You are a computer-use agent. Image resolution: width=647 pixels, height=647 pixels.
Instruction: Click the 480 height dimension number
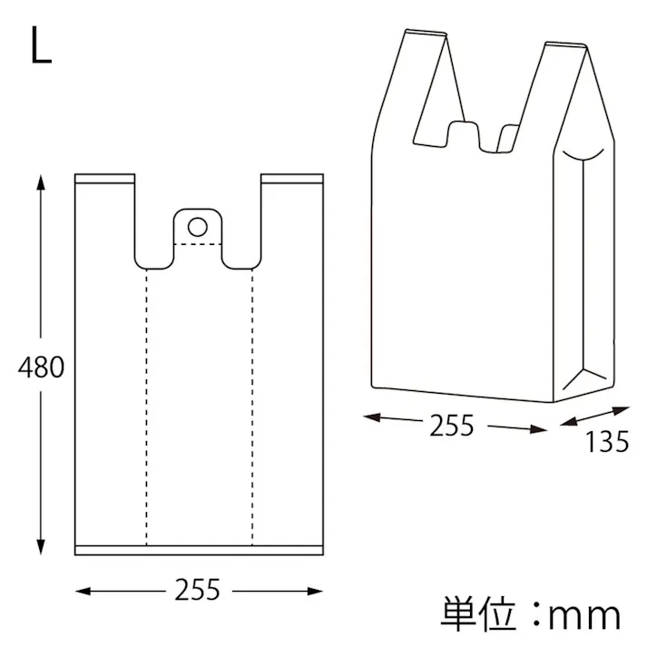click(42, 368)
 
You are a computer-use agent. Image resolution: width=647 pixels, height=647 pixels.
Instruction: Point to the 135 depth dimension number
click(606, 442)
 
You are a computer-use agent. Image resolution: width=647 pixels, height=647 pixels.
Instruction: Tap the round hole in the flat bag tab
click(197, 224)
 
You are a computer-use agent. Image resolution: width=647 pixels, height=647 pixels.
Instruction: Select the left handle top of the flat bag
click(105, 178)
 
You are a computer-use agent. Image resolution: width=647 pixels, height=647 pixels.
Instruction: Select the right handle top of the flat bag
click(290, 178)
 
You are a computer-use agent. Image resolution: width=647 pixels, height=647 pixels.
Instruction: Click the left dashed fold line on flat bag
click(145, 408)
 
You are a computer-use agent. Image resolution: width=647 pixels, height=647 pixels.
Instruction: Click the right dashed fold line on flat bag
click(251, 408)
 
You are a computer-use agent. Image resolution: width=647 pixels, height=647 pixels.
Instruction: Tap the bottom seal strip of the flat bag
click(198, 550)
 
